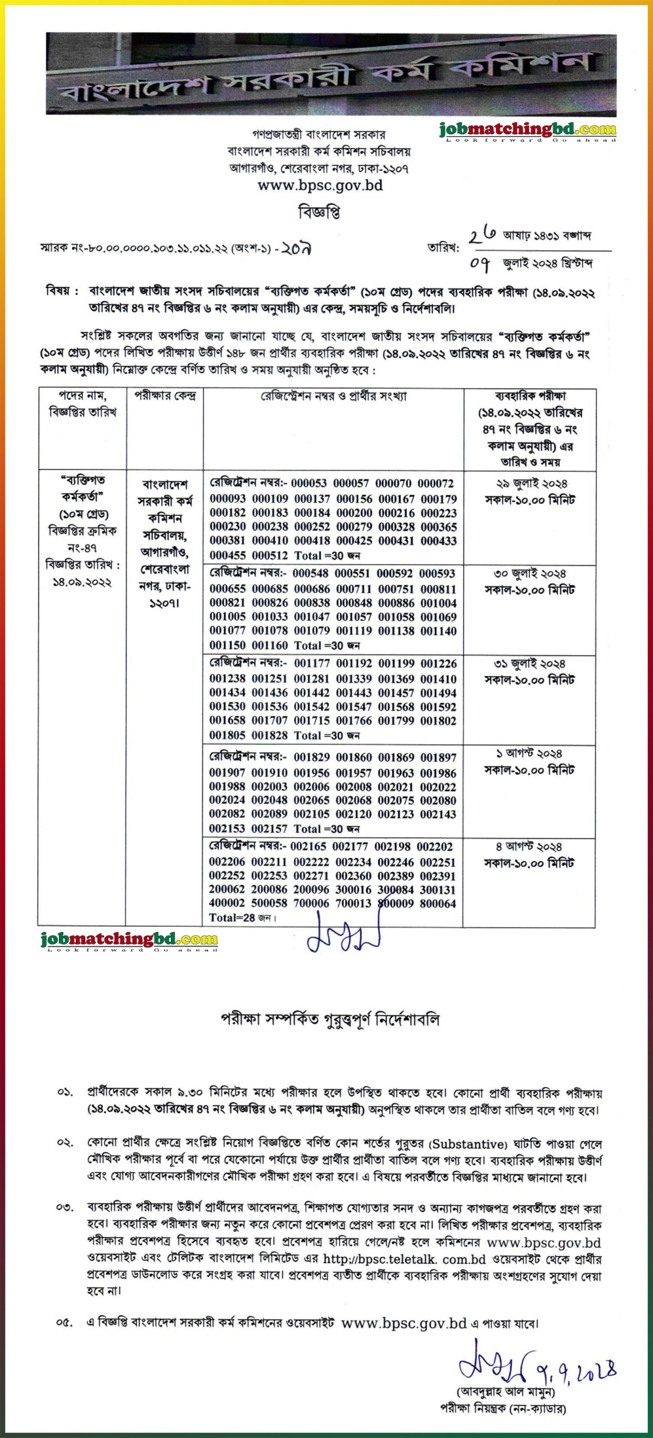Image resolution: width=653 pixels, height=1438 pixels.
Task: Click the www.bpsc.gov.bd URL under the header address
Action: click(x=320, y=185)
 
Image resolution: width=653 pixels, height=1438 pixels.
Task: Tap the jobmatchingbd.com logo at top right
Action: click(x=528, y=130)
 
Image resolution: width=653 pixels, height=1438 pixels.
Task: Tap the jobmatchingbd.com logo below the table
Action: click(x=129, y=939)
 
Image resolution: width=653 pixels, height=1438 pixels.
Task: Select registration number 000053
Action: click(x=309, y=483)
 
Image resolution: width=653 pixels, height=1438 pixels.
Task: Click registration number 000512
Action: click(x=270, y=555)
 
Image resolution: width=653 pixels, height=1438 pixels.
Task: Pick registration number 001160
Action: click(x=270, y=645)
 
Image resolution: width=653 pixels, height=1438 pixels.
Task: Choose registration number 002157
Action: click(x=269, y=829)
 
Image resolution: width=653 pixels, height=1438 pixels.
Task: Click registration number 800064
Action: click(x=438, y=903)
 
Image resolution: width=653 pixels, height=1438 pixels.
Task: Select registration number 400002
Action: click(x=227, y=903)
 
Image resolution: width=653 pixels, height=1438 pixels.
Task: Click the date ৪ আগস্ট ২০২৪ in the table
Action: click(x=528, y=847)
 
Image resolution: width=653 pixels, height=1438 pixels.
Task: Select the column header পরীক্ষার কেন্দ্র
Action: click(x=165, y=395)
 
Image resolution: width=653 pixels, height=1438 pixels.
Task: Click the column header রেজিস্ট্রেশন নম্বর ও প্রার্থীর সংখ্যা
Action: click(x=333, y=396)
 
